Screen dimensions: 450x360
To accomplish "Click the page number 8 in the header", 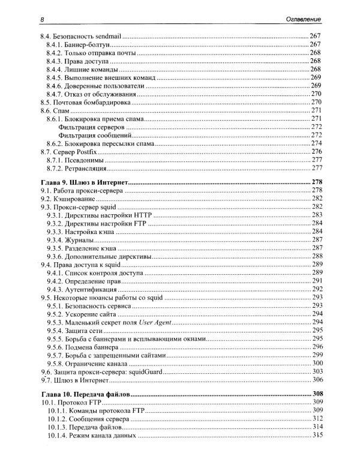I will [40, 22].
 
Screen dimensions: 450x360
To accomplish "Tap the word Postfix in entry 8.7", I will [90, 152].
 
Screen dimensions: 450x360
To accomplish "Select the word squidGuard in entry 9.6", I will [148, 371].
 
